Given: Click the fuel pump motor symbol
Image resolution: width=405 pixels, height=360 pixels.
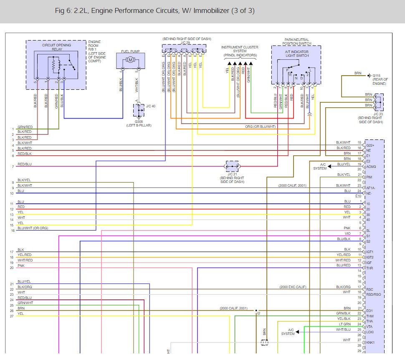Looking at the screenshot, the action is tap(130, 60).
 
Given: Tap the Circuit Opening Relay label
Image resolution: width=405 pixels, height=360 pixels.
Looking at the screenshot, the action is tap(56, 47).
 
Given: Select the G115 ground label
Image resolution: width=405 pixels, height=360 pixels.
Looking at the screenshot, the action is tap(376, 76).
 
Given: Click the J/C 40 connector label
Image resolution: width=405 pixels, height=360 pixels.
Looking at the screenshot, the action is tap(151, 106).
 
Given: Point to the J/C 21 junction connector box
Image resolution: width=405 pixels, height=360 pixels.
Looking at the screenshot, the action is tap(232, 167).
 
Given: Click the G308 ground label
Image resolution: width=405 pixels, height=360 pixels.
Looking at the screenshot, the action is tap(139, 122).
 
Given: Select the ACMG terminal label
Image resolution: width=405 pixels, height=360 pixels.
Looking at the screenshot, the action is tap(371, 167).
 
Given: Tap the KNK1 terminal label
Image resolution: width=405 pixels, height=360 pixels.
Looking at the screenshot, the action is tap(370, 342).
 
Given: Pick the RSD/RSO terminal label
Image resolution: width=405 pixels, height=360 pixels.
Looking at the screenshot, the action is tap(374, 294).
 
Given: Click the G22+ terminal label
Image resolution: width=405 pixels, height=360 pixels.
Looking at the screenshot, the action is tap(370, 145).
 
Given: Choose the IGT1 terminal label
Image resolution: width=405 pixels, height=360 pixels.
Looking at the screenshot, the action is tap(370, 252).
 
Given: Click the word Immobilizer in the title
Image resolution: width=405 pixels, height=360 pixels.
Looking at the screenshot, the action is tap(211, 10).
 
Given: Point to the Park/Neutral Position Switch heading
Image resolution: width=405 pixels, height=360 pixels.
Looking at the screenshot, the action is tap(297, 42).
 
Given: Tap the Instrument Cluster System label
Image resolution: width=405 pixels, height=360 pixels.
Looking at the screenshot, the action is tap(240, 49).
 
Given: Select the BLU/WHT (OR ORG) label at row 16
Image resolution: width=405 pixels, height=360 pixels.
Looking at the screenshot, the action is tap(33, 228).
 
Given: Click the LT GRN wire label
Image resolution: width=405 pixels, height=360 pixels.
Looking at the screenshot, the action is tap(345, 324).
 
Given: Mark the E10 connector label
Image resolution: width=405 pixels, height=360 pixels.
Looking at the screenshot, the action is tap(358, 196).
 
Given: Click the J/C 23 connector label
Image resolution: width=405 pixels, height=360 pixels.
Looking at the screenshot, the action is tap(378, 114).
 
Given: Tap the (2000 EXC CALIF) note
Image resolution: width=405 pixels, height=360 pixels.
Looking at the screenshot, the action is tap(293, 287).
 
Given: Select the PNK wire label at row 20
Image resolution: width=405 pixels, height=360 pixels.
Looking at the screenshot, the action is tap(21, 266).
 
